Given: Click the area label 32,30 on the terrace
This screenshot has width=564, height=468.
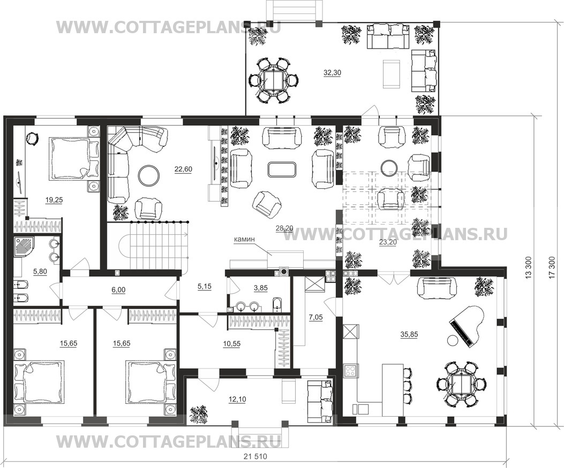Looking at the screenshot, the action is click(332, 73).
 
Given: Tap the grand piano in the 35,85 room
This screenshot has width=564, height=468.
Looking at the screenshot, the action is click(466, 326).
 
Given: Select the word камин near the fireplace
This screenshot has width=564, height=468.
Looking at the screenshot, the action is click(244, 239).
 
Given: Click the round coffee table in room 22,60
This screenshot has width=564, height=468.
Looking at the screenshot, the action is click(149, 175).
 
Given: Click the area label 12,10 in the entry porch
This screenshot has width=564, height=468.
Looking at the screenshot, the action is click(237, 399).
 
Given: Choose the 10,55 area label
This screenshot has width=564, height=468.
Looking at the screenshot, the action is click(231, 344).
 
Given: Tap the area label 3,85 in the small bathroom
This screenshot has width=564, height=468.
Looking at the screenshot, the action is click(260, 288).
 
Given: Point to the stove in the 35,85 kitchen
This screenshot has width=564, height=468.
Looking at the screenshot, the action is click(351, 370).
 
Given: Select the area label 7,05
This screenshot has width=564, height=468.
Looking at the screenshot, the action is click(316, 317).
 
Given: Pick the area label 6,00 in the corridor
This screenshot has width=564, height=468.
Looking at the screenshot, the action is click(118, 289).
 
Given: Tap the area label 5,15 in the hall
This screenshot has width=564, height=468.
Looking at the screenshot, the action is click(205, 287).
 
